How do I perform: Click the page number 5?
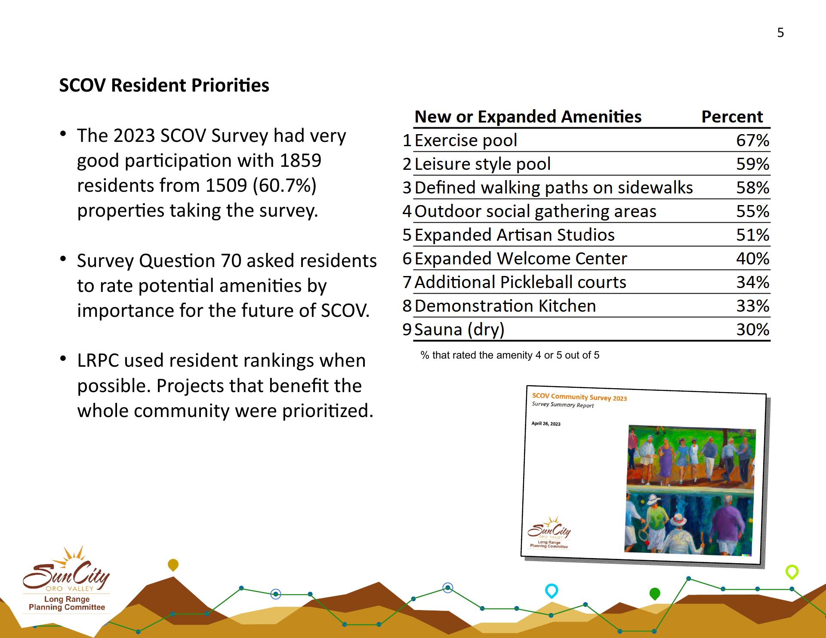coord(780,33)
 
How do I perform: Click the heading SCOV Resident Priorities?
coord(164,85)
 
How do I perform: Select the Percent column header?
coord(732,117)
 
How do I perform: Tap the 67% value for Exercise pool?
coord(752,140)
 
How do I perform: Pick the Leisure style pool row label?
coord(482,164)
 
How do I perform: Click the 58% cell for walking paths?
coord(752,187)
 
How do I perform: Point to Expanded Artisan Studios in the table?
coord(515,235)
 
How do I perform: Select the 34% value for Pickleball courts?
coord(752,282)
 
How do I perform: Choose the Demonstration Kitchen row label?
coord(505,306)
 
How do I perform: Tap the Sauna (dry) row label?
coord(459,330)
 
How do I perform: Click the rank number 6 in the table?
coord(407,258)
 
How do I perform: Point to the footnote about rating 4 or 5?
coord(510,355)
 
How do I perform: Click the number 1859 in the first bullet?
coord(300,160)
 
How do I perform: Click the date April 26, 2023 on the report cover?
coord(546,423)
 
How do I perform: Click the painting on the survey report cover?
coord(690,490)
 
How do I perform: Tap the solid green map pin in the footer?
coord(654,594)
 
